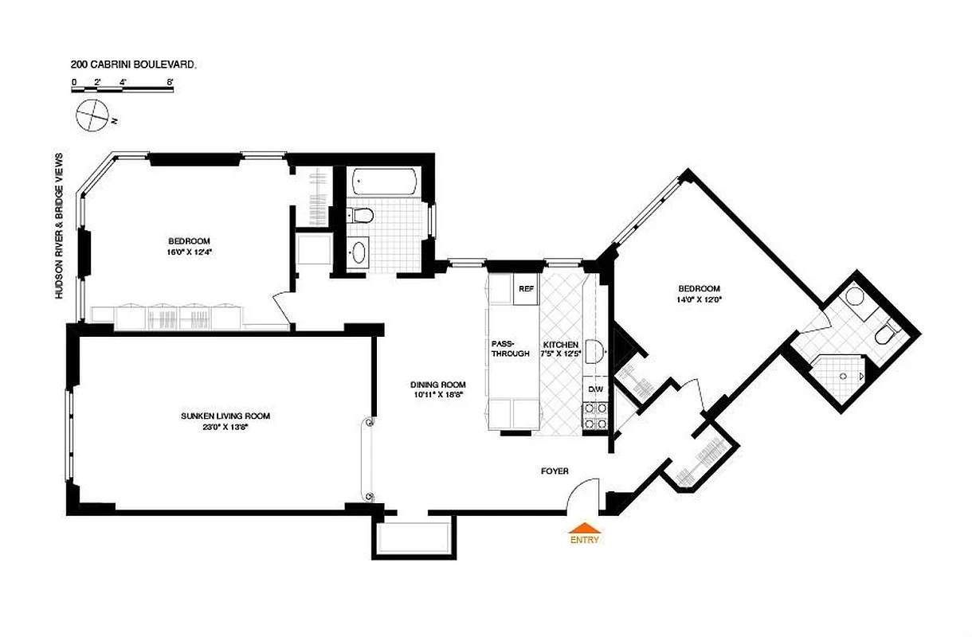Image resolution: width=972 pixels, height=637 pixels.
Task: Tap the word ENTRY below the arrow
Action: pyautogui.click(x=584, y=540)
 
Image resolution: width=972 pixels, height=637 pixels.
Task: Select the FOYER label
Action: pyautogui.click(x=555, y=471)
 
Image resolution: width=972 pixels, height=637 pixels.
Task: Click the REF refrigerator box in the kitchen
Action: pyautogui.click(x=526, y=289)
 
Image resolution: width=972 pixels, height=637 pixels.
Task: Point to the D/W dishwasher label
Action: pyautogui.click(x=595, y=389)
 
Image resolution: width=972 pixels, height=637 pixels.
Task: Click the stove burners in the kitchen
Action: pyautogui.click(x=595, y=415)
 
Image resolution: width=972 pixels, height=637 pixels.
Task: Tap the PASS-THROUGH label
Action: pyautogui.click(x=510, y=349)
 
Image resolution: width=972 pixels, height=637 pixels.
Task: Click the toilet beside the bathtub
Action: pyautogui.click(x=361, y=215)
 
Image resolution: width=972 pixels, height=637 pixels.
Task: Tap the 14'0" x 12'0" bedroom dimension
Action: pyautogui.click(x=699, y=299)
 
